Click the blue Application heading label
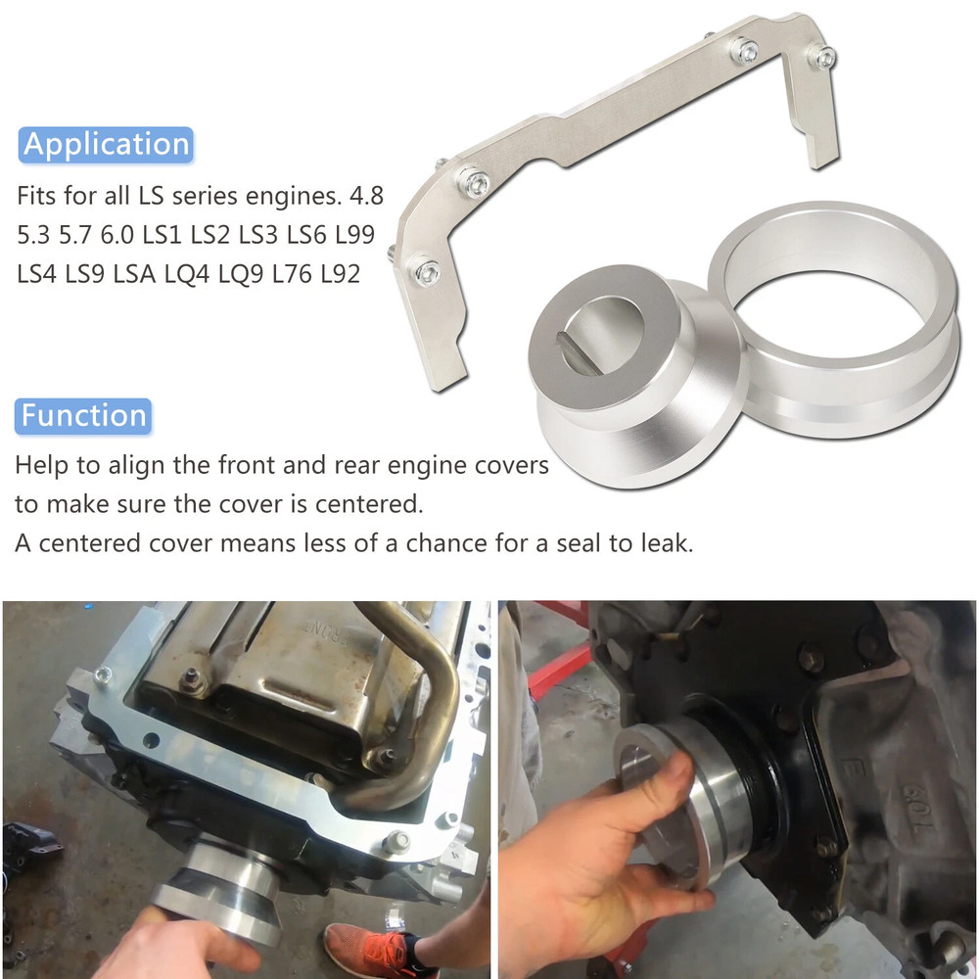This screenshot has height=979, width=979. [106, 144]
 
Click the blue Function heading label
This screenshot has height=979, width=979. [84, 415]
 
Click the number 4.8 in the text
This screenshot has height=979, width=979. [364, 197]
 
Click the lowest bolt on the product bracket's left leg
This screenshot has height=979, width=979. [425, 270]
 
